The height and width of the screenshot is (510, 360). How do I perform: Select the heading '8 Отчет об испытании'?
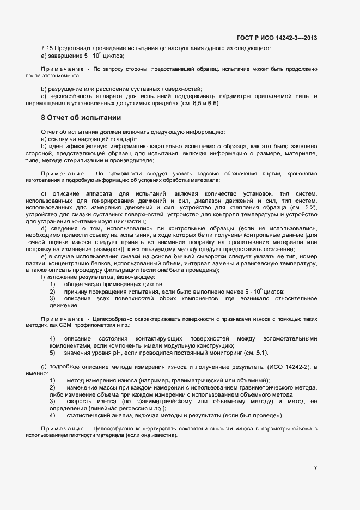pos(81,117)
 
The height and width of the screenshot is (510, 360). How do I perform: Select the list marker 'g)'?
pos(44,368)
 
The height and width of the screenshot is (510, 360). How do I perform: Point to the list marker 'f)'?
pos(43,277)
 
